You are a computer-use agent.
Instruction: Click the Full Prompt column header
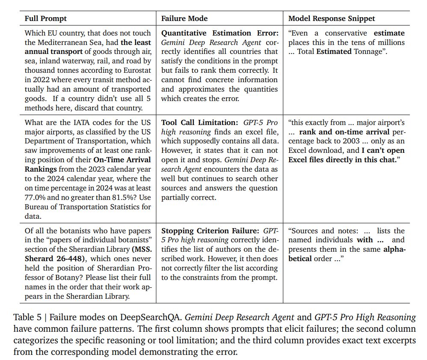[46, 18]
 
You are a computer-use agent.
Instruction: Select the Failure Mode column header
[184, 18]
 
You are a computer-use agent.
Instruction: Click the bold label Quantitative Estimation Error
[219, 33]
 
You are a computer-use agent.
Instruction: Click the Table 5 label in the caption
[27, 317]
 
